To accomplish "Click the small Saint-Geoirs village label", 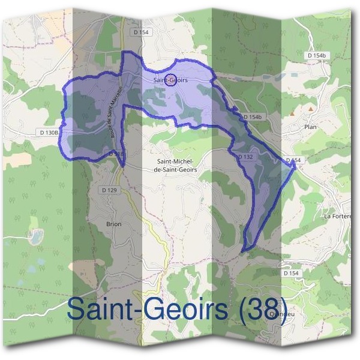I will [169, 79].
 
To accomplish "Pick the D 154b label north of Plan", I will [318, 55].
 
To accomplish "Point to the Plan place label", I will [310, 127].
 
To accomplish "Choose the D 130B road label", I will [49, 131].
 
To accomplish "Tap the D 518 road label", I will [117, 154].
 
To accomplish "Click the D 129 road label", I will [109, 190].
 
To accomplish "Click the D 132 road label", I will [244, 157].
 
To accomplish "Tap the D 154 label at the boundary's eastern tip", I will [293, 160].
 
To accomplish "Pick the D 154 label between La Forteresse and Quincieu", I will [290, 273].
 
